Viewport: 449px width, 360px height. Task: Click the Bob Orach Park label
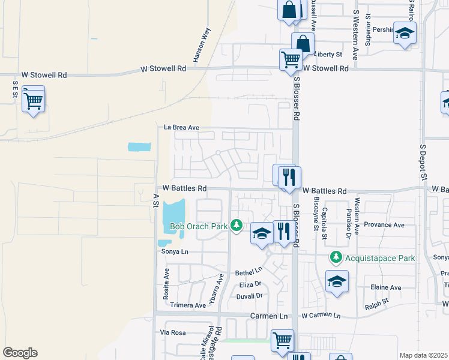[199, 226]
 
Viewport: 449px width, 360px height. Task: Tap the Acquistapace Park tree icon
[336, 259]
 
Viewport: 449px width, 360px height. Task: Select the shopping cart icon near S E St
[33, 99]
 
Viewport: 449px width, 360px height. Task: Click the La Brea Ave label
[181, 127]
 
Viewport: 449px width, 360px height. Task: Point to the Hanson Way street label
[202, 49]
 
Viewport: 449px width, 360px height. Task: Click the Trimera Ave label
[188, 305]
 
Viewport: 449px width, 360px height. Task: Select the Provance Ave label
[385, 225]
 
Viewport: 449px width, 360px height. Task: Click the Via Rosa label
[173, 332]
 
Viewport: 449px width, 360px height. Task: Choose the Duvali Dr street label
[250, 296]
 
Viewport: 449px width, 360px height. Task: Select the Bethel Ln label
[249, 272]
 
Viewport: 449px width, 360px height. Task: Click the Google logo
[20, 353]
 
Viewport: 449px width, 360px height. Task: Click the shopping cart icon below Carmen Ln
[282, 340]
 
